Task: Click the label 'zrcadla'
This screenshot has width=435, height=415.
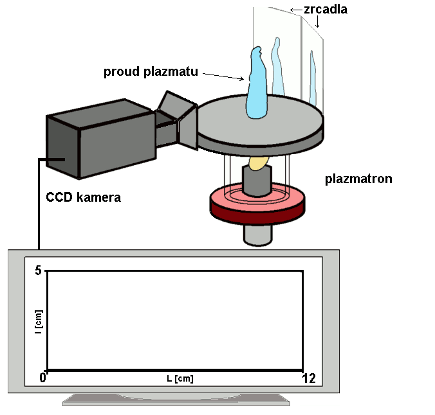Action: pyautogui.click(x=326, y=10)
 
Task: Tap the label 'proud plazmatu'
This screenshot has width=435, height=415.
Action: pyautogui.click(x=151, y=71)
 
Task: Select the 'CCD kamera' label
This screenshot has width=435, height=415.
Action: pyautogui.click(x=83, y=197)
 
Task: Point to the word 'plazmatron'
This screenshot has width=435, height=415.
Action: pyautogui.click(x=358, y=179)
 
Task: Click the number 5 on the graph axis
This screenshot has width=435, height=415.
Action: pyautogui.click(x=38, y=270)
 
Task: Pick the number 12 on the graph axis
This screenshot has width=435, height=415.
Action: pyautogui.click(x=309, y=378)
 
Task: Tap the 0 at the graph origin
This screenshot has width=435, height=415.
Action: pyautogui.click(x=42, y=377)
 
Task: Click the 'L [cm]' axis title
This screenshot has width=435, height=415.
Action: pyautogui.click(x=180, y=379)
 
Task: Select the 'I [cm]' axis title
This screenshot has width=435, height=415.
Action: pyautogui.click(x=39, y=322)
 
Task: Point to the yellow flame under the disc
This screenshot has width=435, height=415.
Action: pyautogui.click(x=259, y=163)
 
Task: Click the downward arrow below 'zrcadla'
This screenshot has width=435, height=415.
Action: pyautogui.click(x=318, y=21)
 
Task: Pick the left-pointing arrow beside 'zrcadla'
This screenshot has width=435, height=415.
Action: pyautogui.click(x=296, y=10)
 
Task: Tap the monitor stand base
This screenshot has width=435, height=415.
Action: pyautogui.click(x=176, y=400)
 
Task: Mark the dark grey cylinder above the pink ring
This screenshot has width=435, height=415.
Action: pyautogui.click(x=257, y=181)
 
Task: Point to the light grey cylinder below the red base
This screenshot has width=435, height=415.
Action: pyautogui.click(x=258, y=235)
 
